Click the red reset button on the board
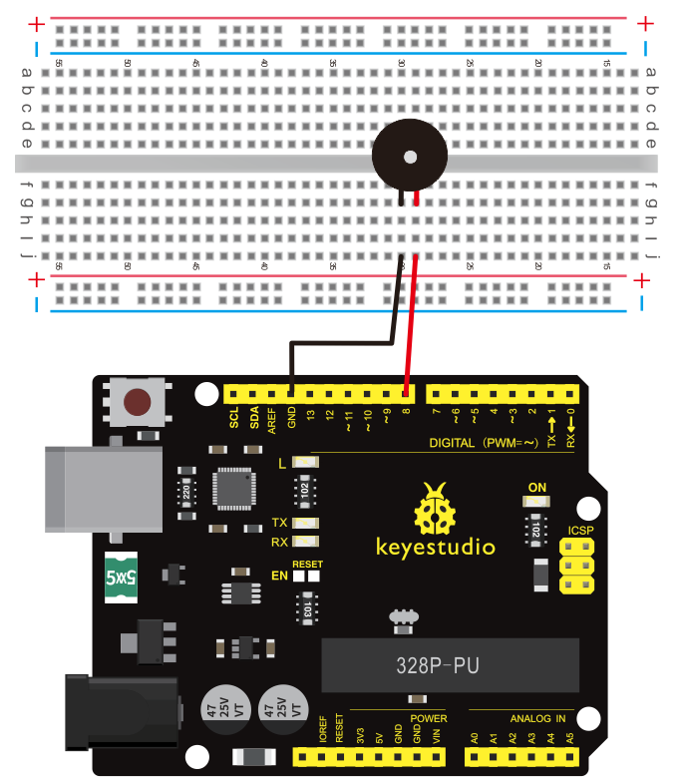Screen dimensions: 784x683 137,402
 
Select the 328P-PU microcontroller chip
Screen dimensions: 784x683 452,663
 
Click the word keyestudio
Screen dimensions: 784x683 435,546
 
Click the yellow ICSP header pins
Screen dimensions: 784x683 576,566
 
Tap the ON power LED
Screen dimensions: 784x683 537,502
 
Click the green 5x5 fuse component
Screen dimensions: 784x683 122,577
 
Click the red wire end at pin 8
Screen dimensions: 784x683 407,391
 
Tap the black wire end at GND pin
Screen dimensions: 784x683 291,391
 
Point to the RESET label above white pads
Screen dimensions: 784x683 307,564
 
